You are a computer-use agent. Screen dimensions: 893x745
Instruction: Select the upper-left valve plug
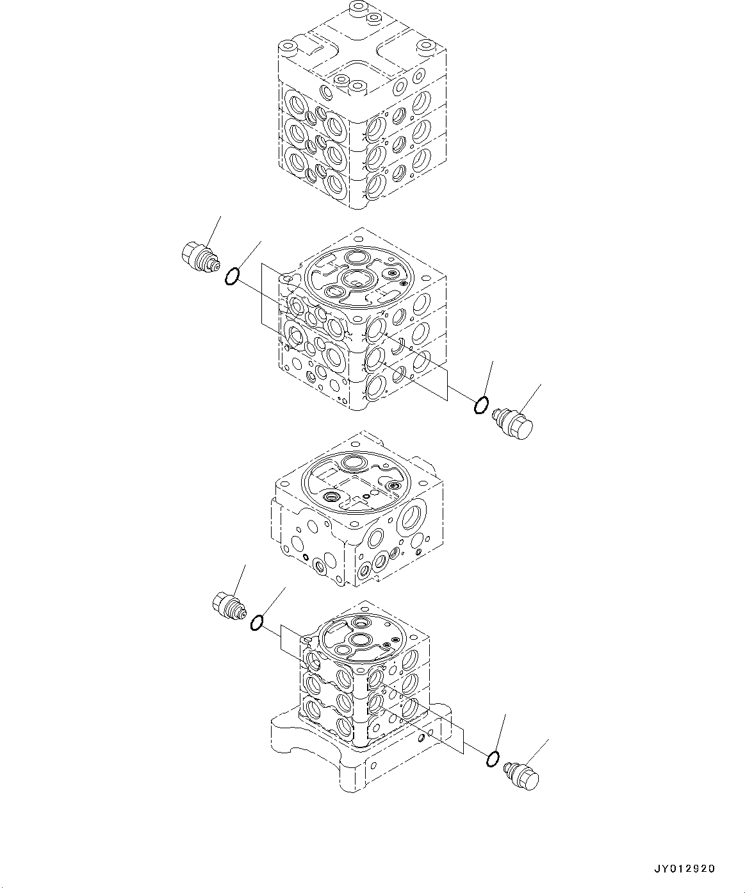(x=199, y=257)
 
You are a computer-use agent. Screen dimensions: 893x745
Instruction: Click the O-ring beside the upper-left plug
(x=232, y=277)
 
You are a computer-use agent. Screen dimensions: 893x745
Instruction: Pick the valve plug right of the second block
(x=514, y=424)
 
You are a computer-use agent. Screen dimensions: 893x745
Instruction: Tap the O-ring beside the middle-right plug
(x=481, y=405)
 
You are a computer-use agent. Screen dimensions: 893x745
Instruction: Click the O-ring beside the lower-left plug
(x=257, y=622)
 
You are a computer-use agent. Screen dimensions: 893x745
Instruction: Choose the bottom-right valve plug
(x=523, y=775)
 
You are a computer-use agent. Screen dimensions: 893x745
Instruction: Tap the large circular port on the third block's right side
(x=414, y=516)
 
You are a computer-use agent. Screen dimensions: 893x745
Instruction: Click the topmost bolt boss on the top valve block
(x=357, y=10)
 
